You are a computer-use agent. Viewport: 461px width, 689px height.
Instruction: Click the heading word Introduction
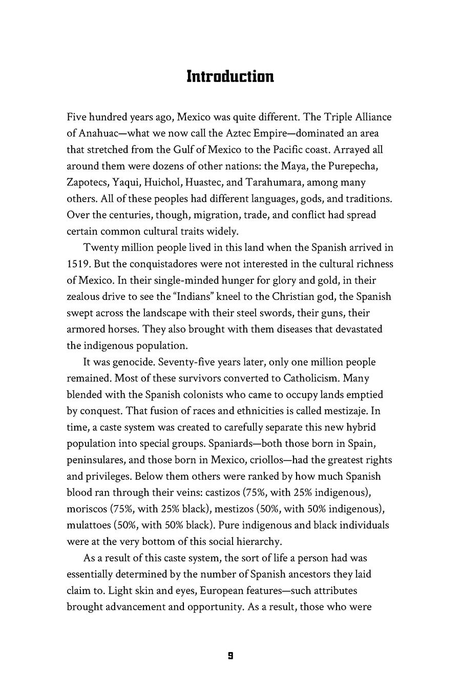[230, 76]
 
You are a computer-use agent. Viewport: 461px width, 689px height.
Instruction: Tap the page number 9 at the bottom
[230, 656]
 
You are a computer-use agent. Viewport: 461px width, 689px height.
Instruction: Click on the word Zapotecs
[88, 183]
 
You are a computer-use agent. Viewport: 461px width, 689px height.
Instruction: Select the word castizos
[227, 493]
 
